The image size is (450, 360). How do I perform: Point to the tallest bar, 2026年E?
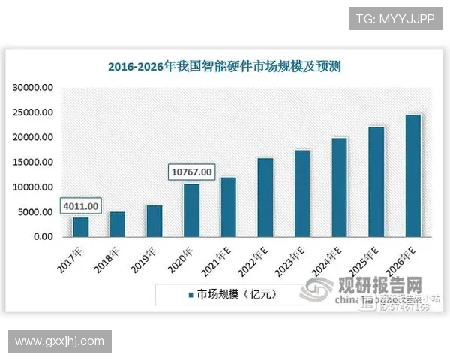(412, 176)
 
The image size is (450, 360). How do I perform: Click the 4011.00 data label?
(81, 204)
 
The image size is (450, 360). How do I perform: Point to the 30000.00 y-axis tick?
(32, 88)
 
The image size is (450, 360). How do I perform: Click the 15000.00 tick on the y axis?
(32, 163)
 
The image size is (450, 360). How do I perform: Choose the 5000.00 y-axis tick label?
(34, 212)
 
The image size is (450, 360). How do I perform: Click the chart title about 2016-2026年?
(224, 66)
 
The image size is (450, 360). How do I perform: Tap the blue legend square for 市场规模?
(191, 294)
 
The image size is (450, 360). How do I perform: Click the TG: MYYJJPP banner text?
(395, 18)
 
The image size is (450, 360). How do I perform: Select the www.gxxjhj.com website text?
(60, 342)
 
